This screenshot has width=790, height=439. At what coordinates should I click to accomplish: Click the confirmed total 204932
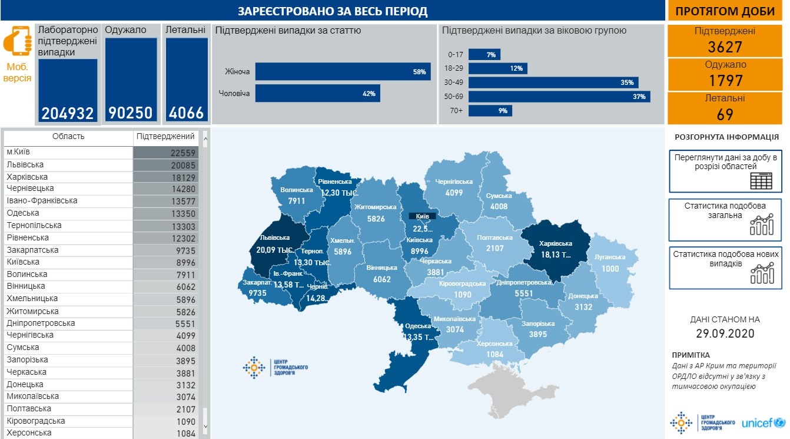tap(68, 113)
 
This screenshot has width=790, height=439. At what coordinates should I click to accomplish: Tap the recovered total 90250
tap(131, 113)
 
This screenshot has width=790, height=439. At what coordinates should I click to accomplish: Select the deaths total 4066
tap(187, 113)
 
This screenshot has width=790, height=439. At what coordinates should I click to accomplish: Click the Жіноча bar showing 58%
tap(342, 72)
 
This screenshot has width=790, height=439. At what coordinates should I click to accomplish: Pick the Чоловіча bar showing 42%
tap(317, 94)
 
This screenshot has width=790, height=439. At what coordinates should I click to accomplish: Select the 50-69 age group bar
tap(559, 97)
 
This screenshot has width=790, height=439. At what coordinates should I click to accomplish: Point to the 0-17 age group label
tap(456, 55)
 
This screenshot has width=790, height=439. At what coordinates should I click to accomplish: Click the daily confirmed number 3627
tap(725, 47)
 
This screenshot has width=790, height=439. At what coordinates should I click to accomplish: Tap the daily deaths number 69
tap(725, 114)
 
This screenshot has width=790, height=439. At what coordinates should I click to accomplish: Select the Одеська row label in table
tap(27, 213)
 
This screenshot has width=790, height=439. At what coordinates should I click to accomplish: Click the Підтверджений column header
tap(165, 137)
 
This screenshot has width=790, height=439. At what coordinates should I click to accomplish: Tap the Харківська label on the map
tap(556, 243)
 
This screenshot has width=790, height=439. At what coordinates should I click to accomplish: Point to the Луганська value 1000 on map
tap(610, 268)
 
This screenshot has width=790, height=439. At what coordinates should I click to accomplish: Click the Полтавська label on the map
tap(494, 237)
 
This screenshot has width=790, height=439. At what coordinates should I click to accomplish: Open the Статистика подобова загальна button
tap(725, 220)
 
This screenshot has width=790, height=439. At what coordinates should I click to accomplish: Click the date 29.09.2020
tap(725, 333)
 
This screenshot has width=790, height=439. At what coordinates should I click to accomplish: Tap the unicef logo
tap(763, 423)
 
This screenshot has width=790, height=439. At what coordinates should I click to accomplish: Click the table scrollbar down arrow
tap(205, 425)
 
